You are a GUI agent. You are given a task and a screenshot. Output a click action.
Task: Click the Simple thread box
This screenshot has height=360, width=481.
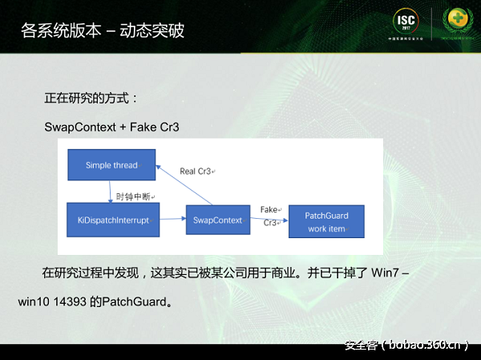coord(111,165)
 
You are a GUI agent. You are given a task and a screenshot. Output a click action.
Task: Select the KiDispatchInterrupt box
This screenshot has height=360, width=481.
coord(112,220)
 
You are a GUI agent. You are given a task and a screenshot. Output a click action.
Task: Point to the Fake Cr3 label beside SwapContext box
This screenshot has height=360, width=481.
coord(269,216)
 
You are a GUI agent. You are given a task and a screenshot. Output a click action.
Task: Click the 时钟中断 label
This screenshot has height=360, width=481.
coord(135,196)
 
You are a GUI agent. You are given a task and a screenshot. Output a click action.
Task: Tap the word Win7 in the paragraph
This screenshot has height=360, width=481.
coord(386,273)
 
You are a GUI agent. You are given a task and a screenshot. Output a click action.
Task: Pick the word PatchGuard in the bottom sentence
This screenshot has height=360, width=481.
coord(131,302)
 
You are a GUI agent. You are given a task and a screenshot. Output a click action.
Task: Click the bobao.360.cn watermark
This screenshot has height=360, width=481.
coord(406,346)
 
